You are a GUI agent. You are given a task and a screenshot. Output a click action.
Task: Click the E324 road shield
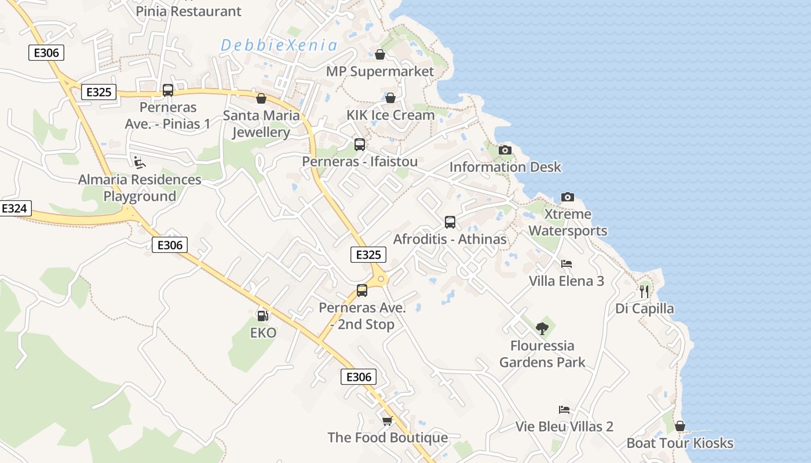click(x=14, y=209)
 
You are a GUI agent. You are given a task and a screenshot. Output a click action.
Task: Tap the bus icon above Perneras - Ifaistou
click(x=360, y=145)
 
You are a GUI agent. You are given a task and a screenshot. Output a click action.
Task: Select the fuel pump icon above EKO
click(x=262, y=316)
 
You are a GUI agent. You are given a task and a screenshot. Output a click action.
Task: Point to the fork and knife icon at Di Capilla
click(x=644, y=291)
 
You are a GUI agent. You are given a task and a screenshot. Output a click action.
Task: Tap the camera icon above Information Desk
click(x=505, y=150)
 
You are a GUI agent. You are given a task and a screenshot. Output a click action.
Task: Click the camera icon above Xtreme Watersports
click(x=568, y=197)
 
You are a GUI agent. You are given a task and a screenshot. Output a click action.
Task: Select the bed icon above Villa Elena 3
click(x=567, y=264)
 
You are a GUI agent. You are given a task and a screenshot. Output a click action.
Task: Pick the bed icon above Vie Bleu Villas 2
click(x=564, y=410)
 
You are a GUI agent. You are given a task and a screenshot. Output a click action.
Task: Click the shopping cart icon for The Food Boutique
click(x=387, y=421)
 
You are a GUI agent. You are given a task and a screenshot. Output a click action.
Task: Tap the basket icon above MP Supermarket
click(x=380, y=54)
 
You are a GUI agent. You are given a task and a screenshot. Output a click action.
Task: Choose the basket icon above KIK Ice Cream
click(x=390, y=98)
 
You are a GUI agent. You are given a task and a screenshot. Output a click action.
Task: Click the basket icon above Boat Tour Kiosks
click(x=680, y=427)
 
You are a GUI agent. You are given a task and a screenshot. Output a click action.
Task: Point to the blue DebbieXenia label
click(x=279, y=45)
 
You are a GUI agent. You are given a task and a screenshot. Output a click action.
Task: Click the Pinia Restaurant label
click(x=188, y=11)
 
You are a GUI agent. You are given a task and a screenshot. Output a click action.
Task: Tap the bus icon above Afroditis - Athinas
click(x=450, y=222)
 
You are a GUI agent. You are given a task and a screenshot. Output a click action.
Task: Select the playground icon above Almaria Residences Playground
click(x=140, y=162)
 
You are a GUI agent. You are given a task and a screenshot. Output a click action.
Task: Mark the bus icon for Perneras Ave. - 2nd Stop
click(x=362, y=291)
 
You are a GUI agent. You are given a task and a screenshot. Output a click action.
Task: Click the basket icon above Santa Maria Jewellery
click(x=261, y=98)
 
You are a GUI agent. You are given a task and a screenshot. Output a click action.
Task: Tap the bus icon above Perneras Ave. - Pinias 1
click(x=168, y=90)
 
